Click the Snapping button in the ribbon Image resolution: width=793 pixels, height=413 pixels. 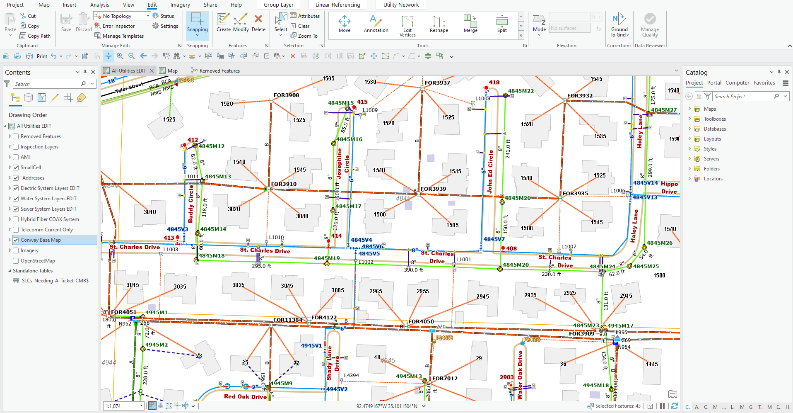pyautogui.click(x=197, y=23)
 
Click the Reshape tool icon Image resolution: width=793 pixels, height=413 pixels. pyautogui.click(x=439, y=22)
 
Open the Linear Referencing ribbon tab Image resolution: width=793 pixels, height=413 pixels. pyautogui.click(x=337, y=5)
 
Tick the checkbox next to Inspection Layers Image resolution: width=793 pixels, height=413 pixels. pyautogui.click(x=16, y=147)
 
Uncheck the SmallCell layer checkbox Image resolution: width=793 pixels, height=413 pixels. pyautogui.click(x=16, y=168)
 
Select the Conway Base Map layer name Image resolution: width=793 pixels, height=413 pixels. pyautogui.click(x=41, y=240)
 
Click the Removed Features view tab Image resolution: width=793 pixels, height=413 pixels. pyautogui.click(x=219, y=71)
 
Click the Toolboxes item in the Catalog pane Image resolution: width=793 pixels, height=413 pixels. pyautogui.click(x=714, y=119)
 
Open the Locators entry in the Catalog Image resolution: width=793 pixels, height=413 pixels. pyautogui.click(x=713, y=179)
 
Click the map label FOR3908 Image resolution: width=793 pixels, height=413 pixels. pyautogui.click(x=286, y=95)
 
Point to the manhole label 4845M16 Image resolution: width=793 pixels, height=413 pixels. pyautogui.click(x=349, y=139)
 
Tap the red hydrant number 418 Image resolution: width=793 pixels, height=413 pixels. pyautogui.click(x=494, y=83)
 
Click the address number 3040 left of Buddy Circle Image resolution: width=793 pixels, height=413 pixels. pyautogui.click(x=150, y=212)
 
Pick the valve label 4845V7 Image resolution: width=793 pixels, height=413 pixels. pyautogui.click(x=494, y=239)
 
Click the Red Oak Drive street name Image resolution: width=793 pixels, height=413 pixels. pyautogui.click(x=245, y=397)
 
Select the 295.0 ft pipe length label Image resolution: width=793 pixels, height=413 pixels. pyautogui.click(x=261, y=266)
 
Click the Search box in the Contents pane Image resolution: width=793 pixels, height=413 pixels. pyautogui.click(x=48, y=84)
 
